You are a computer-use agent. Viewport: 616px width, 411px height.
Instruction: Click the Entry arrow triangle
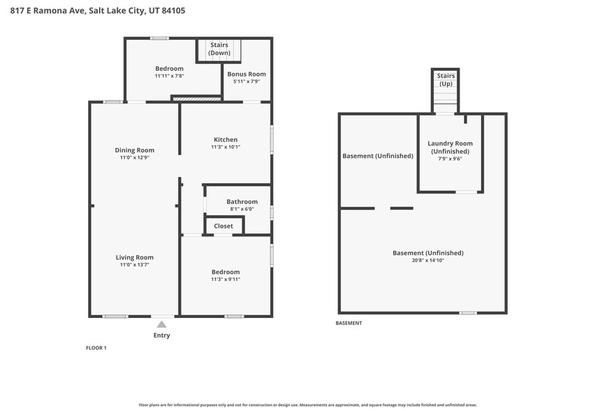pos(161,324)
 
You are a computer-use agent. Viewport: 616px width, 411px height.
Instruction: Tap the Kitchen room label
pos(226,140)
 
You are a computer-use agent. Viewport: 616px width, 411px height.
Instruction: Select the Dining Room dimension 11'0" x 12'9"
pos(134,158)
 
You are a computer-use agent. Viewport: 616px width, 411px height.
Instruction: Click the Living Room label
pos(134,257)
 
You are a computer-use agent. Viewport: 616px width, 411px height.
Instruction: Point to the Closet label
pos(223,226)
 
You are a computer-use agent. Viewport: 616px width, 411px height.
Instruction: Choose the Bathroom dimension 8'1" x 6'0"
pos(242,209)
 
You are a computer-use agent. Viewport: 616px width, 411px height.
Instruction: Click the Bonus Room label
pos(247,74)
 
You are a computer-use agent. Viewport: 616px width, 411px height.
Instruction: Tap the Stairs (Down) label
pos(219,49)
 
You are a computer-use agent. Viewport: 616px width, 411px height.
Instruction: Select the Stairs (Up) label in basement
pos(446,80)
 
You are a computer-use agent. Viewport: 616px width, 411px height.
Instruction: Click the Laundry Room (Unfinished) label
pos(450,147)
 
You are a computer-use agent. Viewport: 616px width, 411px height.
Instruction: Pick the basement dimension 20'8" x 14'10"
pos(428,260)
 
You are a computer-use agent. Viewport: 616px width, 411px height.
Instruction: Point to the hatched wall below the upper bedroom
pos(197,99)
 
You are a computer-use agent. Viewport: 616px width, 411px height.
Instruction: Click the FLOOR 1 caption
pos(96,347)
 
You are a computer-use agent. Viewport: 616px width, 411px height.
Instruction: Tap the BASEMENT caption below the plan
pos(349,323)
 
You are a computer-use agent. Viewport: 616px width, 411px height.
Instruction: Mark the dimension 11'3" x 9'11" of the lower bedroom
pos(226,280)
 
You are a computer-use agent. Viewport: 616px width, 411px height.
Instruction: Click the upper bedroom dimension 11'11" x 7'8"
pos(169,76)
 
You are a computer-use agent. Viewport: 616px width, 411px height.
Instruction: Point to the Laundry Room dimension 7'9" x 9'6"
pos(450,159)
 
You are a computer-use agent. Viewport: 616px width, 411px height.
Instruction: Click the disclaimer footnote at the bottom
pos(308,405)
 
